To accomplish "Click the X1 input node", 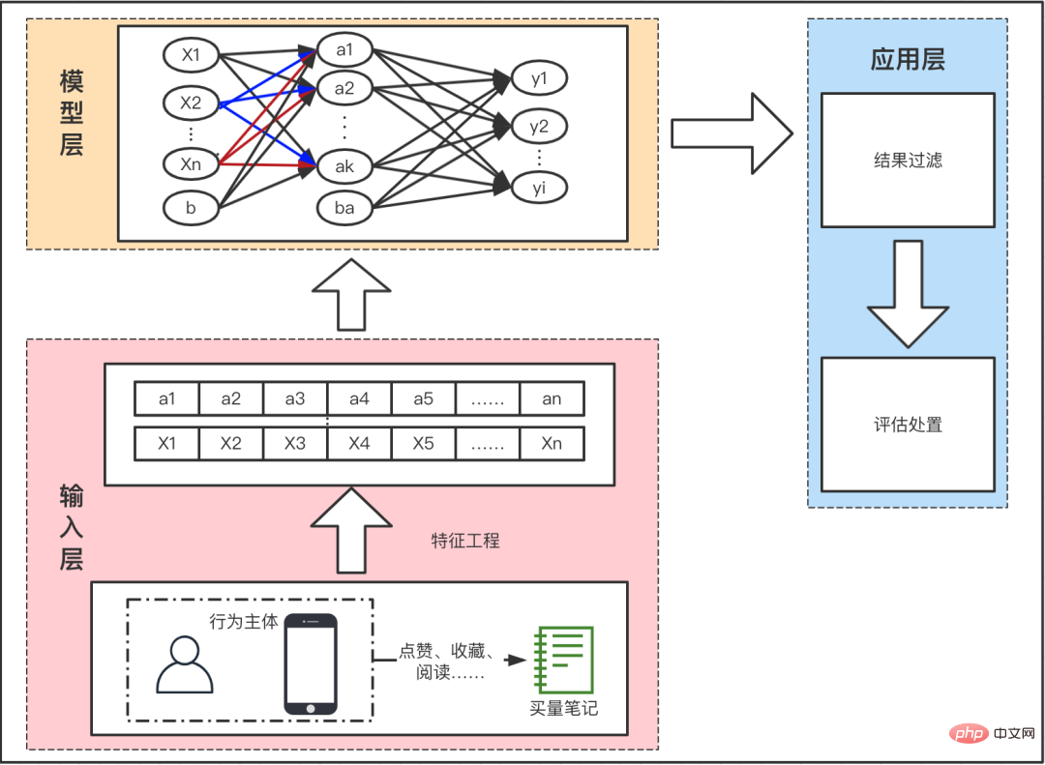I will point(192,56).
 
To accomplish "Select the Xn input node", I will point(192,164).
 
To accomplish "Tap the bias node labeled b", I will point(192,207).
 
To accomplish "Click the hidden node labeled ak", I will point(344,166).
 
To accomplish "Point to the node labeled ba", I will point(344,207).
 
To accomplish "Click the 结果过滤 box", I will point(908,161).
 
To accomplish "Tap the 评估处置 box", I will point(908,425).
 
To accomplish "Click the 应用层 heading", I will point(908,60).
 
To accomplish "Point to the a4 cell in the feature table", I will point(359,398).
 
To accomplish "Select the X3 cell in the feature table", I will point(295,444).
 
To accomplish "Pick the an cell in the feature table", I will point(552,398).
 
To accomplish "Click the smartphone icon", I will point(311,664).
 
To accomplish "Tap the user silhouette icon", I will point(185,664).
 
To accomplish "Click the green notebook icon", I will point(563,660).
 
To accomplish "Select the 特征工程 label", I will point(465,541).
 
